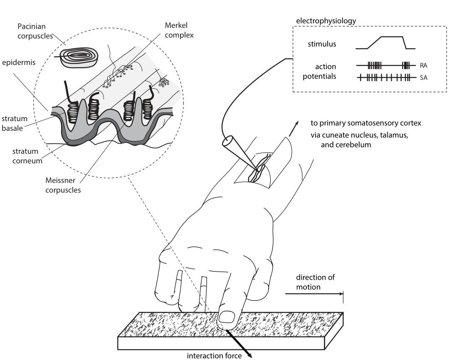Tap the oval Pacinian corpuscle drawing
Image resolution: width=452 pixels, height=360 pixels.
(82, 56)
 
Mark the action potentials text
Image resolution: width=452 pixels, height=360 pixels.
(320, 72)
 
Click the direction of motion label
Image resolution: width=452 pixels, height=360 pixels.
(315, 282)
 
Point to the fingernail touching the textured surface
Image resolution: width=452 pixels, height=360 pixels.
(227, 318)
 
